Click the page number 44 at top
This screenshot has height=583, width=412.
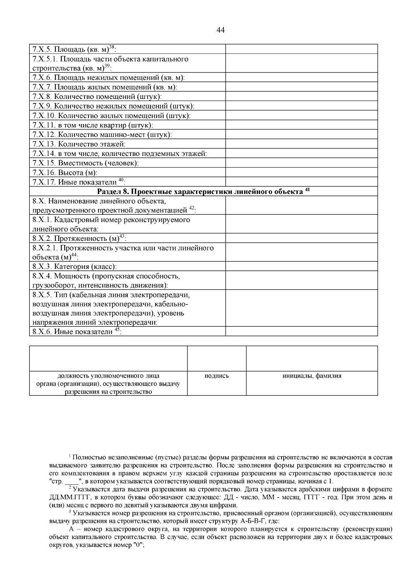[221, 30]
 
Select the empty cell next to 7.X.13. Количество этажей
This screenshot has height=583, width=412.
[301, 144]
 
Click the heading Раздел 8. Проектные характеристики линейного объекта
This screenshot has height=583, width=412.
[203, 191]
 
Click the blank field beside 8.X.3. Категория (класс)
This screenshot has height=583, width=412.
[301, 266]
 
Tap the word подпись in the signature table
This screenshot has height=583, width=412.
[216, 376]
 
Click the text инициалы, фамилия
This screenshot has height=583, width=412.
[311, 376]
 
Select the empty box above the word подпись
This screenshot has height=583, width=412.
[216, 358]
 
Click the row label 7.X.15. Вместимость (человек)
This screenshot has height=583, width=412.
[85, 163]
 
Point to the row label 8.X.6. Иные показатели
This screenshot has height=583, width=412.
[77, 332]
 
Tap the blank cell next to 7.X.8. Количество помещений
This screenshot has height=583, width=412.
[301, 97]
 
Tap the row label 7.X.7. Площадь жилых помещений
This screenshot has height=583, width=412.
[105, 88]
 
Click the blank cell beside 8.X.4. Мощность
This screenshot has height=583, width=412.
[301, 280]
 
